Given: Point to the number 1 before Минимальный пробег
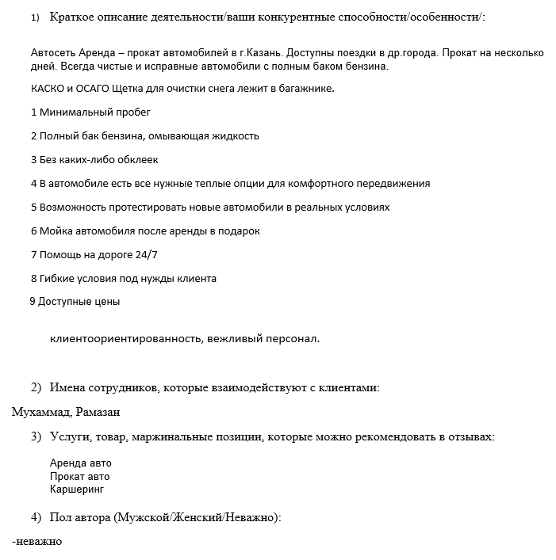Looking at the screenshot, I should point(33,112).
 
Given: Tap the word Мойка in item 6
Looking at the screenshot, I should point(56,231).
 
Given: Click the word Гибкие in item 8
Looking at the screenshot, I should point(58,279).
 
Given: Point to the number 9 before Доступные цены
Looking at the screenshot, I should point(32,302).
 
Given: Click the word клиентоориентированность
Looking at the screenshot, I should point(126,339).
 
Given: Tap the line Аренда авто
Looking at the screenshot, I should point(80,463).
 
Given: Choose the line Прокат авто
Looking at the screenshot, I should point(79,477).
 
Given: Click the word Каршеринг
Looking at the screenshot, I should point(77,490).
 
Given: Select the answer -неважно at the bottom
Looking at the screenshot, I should point(38,542).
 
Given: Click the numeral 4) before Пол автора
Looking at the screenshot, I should point(36,517).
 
